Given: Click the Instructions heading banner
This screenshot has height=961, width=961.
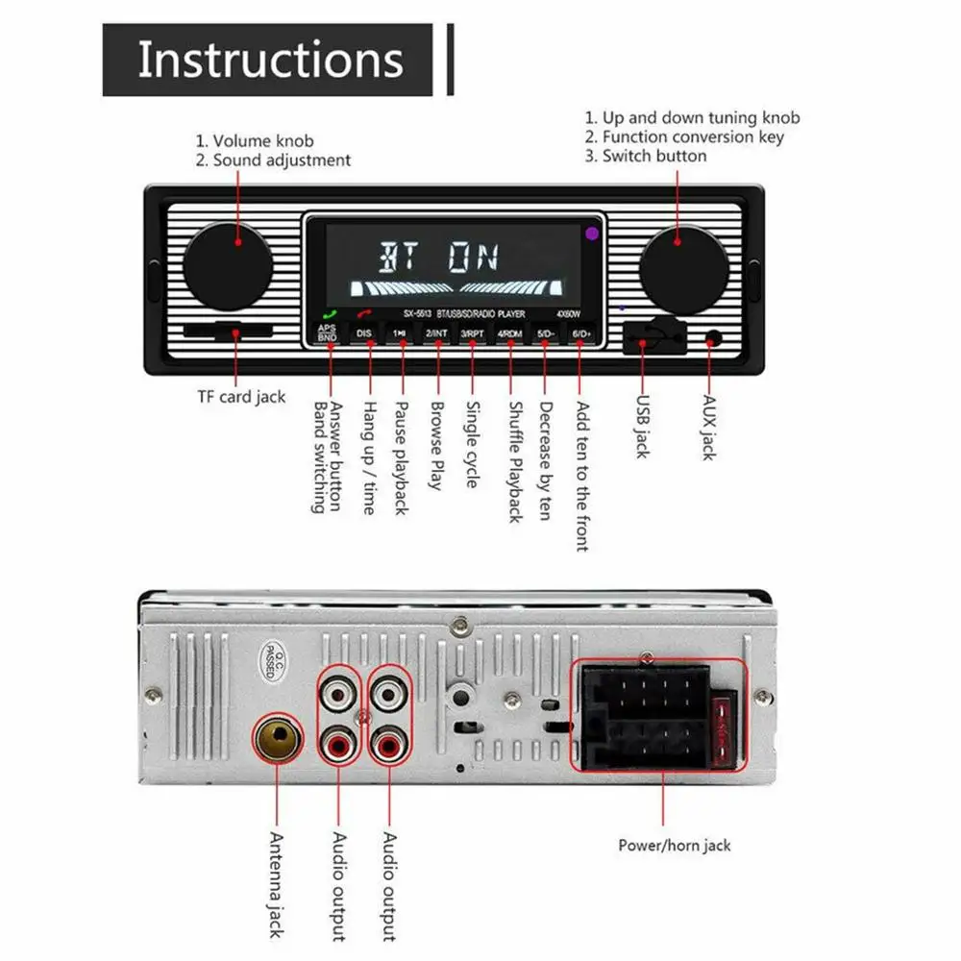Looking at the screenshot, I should [271, 60].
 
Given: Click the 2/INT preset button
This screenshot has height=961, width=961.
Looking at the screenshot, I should [437, 333].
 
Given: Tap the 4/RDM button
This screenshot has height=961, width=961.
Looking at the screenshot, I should [508, 333].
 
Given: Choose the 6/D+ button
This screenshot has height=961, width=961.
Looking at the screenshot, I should [579, 333].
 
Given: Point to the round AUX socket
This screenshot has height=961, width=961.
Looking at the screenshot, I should [713, 338].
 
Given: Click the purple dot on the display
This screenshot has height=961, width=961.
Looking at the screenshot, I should [592, 233].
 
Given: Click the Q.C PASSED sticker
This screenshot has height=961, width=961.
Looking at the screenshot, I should [269, 659].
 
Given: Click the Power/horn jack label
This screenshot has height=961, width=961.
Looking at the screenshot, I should [674, 846].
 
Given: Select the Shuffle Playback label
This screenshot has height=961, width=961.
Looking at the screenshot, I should [514, 462].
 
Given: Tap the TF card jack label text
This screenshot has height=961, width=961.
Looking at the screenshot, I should [243, 396].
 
